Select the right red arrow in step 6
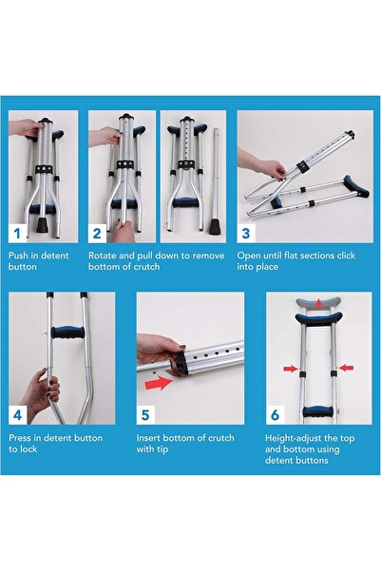coord(347,367)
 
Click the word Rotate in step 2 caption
coord(105,256)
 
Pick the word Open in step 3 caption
coord(249,256)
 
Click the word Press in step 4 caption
coord(21,437)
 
